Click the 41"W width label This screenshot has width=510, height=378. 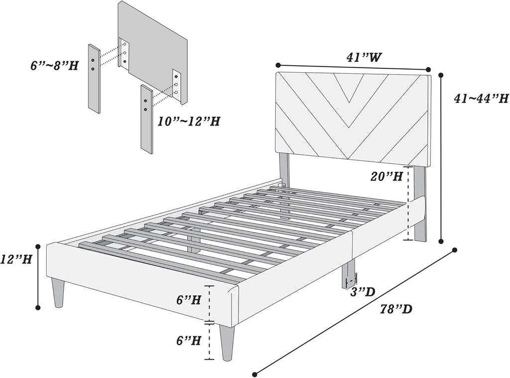[x=364, y=57]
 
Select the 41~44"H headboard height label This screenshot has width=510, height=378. [x=480, y=99]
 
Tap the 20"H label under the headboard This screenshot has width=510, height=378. [x=386, y=176]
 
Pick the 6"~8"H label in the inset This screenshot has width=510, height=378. [x=54, y=65]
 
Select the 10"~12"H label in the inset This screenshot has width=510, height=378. [x=188, y=121]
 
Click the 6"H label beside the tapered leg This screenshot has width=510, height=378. [x=189, y=341]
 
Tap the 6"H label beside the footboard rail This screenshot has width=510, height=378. [x=189, y=300]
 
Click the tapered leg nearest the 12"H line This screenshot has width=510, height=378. [x=58, y=293]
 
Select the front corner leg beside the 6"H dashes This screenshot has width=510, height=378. [x=227, y=343]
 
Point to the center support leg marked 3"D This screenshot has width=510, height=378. [x=349, y=276]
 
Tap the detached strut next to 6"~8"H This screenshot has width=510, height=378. [x=94, y=79]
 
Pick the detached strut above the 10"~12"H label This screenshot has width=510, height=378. [x=146, y=119]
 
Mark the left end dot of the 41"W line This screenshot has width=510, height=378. [x=278, y=65]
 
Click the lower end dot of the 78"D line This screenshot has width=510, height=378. [x=255, y=374]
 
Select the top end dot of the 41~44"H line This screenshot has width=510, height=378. [x=441, y=75]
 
